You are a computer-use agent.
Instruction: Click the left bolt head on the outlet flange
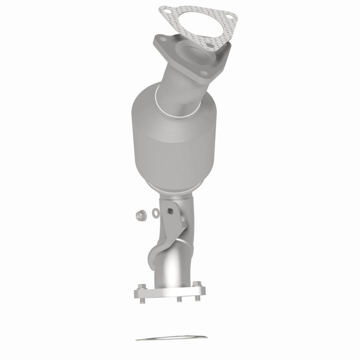[142, 287]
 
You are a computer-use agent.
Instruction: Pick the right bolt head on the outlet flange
[197, 284]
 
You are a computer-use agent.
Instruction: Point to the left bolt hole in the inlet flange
[158, 40]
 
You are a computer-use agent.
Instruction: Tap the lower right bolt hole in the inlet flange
[208, 73]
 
